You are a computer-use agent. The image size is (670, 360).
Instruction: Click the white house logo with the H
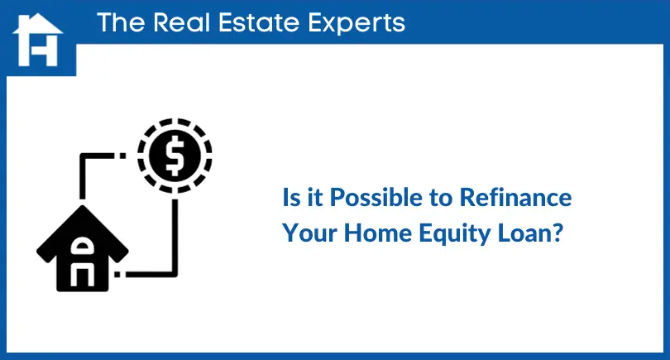[38, 40]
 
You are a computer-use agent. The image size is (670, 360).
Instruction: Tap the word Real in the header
[182, 22]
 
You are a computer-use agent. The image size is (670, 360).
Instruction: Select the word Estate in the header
[259, 22]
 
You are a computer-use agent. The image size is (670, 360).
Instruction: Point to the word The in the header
[121, 22]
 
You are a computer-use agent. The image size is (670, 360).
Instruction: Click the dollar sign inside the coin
[175, 156]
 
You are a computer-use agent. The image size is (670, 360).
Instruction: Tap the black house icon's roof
[83, 231]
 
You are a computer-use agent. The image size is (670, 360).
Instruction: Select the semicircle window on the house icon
[82, 247]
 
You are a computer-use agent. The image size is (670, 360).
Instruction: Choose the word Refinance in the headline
[515, 198]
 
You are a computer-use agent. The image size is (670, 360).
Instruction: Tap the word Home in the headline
[378, 233]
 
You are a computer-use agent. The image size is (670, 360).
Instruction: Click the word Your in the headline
[310, 233]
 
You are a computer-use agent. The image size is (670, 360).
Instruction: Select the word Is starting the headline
[291, 198]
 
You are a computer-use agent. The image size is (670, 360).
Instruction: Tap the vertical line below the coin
[175, 236]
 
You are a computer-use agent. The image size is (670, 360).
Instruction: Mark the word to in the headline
[441, 199]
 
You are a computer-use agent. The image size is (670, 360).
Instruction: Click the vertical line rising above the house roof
[83, 176]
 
